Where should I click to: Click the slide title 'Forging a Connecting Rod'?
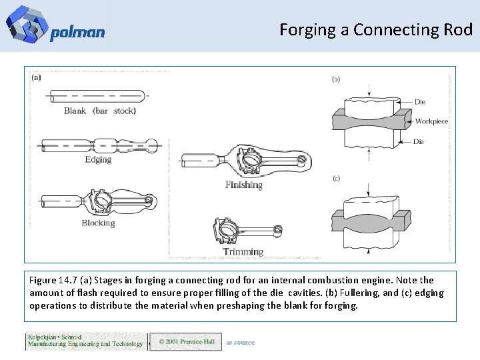point(376,30)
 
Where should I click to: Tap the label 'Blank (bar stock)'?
point(100,111)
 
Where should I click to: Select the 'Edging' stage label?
point(98,160)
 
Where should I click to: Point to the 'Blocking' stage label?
point(98,223)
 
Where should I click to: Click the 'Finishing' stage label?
point(243,185)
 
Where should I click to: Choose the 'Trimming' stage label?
point(243,252)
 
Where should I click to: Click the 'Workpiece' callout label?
point(431,121)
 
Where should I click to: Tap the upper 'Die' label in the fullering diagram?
point(419,102)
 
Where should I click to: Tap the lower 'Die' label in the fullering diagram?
point(419,141)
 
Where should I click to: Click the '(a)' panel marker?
point(36,77)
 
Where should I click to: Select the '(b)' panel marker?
point(336,79)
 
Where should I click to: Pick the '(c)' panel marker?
point(336,179)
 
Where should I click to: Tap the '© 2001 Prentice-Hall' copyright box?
point(185,342)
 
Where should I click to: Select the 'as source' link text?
point(240,343)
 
